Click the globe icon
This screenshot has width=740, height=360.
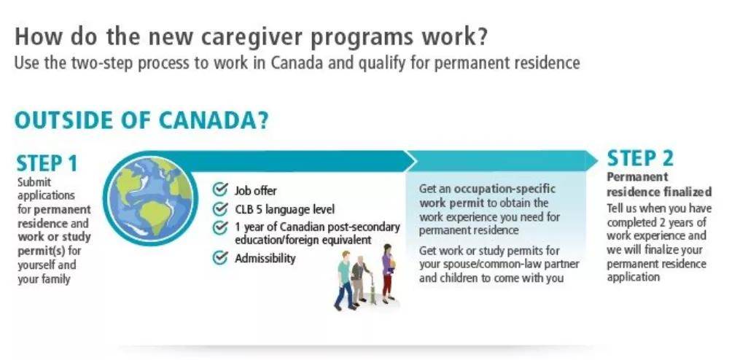pos(150,198)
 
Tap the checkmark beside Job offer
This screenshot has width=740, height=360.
pos(220,189)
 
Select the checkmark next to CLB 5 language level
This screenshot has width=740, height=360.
pos(220,208)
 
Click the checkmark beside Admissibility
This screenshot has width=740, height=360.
pos(220,258)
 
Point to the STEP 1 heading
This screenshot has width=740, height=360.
pos(47,164)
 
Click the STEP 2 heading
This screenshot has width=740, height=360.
pos(640,159)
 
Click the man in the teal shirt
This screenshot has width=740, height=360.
pos(345,281)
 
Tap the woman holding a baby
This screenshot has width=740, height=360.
pos(387,273)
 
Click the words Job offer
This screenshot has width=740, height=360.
pos(255,191)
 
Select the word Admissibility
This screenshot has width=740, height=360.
pos(265,259)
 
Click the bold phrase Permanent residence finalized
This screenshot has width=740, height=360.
pos(659,184)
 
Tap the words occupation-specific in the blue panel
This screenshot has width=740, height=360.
pos(505,189)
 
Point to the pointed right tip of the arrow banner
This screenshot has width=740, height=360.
pos(598,160)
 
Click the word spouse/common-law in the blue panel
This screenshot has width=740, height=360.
pos(485,265)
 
